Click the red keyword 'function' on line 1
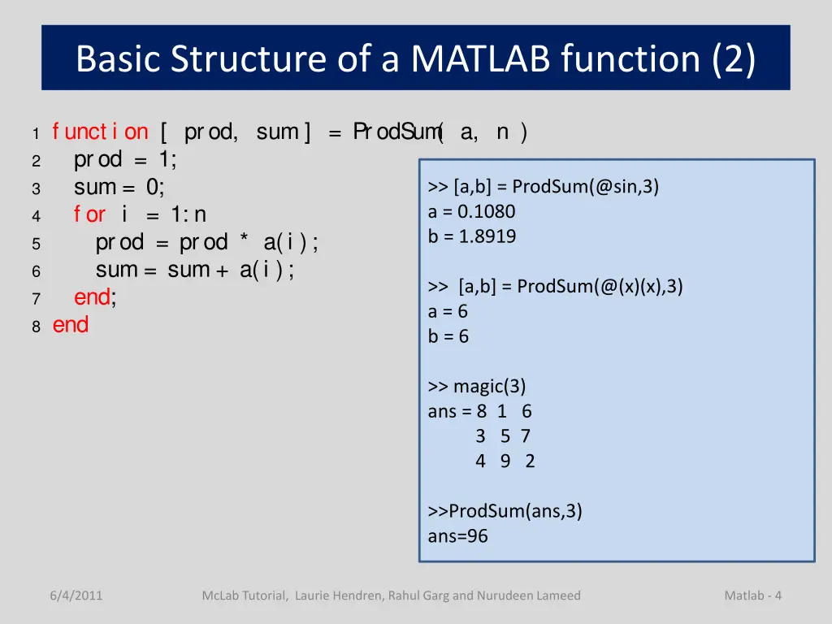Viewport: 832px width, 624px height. point(100,132)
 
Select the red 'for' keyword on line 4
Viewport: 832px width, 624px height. point(89,214)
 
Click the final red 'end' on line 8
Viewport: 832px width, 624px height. point(71,325)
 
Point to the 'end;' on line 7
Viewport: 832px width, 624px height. point(95,297)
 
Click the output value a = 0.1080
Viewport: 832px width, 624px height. point(471,211)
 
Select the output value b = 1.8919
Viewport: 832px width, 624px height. point(471,236)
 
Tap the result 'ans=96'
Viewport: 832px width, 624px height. point(457,535)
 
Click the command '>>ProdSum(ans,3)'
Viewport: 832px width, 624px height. point(505,510)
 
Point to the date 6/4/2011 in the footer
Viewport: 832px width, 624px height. point(76,596)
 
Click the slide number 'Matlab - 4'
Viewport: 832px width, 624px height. point(752,596)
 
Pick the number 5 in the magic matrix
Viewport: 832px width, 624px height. point(505,436)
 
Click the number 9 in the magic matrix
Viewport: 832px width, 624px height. point(505,461)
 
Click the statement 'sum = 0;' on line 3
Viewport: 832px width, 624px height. point(119,187)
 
